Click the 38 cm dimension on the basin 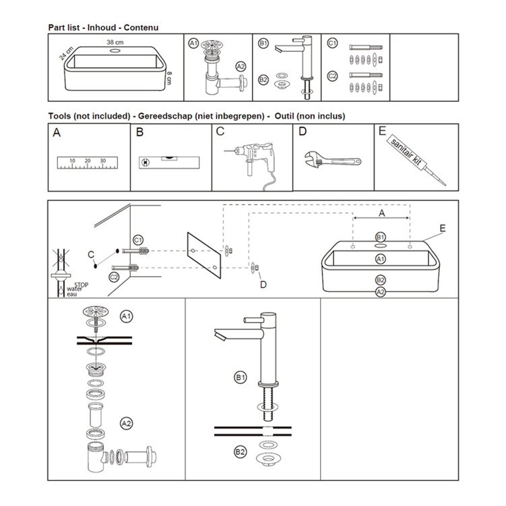115,42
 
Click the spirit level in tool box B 169,162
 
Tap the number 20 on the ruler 88,161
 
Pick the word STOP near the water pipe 81,285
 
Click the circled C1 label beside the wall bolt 138,240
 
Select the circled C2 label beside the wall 114,277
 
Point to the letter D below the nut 263,285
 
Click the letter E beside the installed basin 442,228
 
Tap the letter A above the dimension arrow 382,213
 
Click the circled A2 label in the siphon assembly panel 126,424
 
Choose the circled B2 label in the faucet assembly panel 240,452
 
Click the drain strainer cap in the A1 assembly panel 96,311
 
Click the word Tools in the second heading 59,116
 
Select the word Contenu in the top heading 141,28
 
